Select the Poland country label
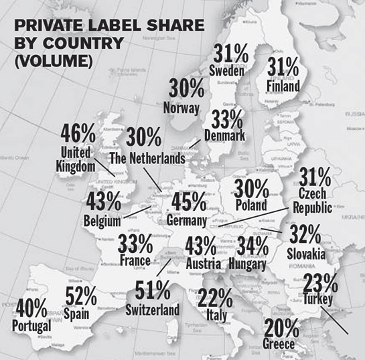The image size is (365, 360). click(x=251, y=205)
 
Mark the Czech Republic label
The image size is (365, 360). click(x=313, y=201)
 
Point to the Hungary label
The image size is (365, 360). click(x=246, y=264)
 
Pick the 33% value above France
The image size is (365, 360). click(x=135, y=244)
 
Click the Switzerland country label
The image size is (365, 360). click(x=152, y=310)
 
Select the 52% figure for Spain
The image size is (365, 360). click(x=80, y=295)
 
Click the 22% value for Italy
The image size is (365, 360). click(x=216, y=298)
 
